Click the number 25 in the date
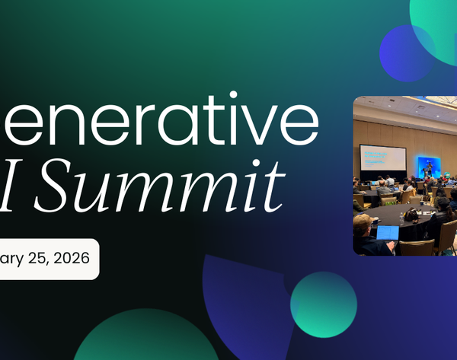(39, 258)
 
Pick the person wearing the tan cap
(363, 225)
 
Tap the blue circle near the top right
(407, 53)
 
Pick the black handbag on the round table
(411, 216)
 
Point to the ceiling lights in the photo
(404, 107)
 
